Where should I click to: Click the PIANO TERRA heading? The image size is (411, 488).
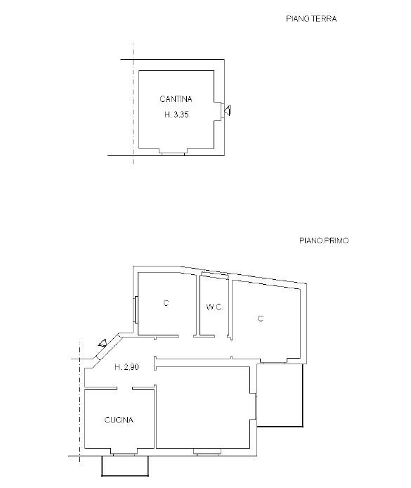tap(311, 19)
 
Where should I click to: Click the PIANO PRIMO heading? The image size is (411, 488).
tap(324, 240)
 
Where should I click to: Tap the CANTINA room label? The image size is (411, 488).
tap(176, 99)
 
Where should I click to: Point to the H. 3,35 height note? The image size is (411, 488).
tap(176, 115)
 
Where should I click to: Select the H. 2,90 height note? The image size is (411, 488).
tap(126, 367)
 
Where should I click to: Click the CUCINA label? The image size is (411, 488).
tap(119, 420)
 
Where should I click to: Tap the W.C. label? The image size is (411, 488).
tap(214, 307)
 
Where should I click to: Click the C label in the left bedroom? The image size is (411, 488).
tap(166, 303)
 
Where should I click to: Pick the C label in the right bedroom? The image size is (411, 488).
tap(261, 319)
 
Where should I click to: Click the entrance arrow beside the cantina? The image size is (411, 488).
tap(227, 110)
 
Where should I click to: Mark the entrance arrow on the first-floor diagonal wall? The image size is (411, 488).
tap(103, 343)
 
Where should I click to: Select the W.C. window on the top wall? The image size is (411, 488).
tap(215, 274)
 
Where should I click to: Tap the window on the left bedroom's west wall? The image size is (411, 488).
tap(136, 309)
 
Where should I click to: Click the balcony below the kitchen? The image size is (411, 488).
tap(125, 466)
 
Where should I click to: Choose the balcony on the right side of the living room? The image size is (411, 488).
tap(280, 395)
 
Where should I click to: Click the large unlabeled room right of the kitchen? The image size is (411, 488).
tap(203, 407)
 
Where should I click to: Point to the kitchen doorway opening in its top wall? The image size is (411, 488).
tap(124, 388)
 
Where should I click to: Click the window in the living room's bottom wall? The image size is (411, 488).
tap(207, 451)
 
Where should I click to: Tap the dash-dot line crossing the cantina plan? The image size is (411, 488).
tap(133, 104)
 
